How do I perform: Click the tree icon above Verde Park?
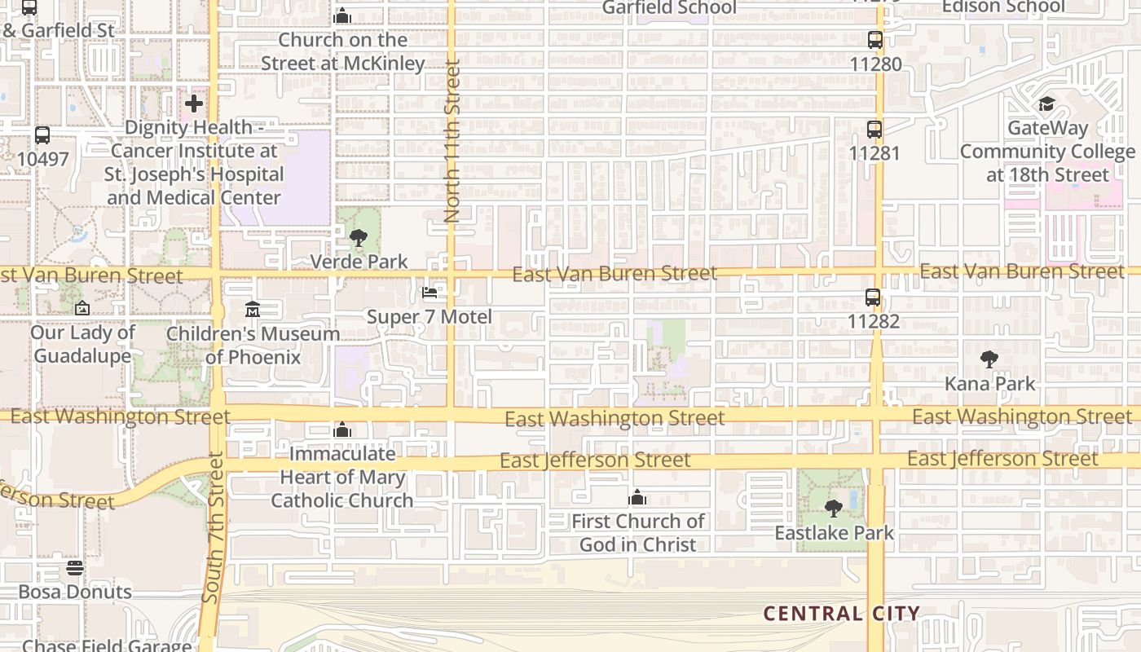(x=358, y=238)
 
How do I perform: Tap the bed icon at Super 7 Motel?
(x=430, y=293)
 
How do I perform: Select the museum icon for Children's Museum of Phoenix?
(x=253, y=310)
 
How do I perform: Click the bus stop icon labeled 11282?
(x=873, y=297)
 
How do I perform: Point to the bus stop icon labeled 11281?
(x=874, y=129)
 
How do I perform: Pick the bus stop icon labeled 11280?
(x=875, y=39)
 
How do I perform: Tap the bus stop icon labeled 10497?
(x=42, y=135)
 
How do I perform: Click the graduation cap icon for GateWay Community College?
(x=1046, y=104)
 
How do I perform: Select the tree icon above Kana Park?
(x=989, y=359)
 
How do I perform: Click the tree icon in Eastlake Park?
(x=834, y=509)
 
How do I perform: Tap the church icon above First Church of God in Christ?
(x=637, y=497)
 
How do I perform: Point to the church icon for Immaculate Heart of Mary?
(x=342, y=430)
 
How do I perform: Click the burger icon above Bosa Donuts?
(x=75, y=567)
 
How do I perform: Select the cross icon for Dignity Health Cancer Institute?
(x=194, y=104)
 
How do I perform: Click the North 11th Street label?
(x=452, y=141)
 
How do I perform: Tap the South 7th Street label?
(x=214, y=528)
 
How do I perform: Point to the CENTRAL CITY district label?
(x=841, y=614)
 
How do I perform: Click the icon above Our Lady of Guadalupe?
(x=81, y=308)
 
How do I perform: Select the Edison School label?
(x=1002, y=7)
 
